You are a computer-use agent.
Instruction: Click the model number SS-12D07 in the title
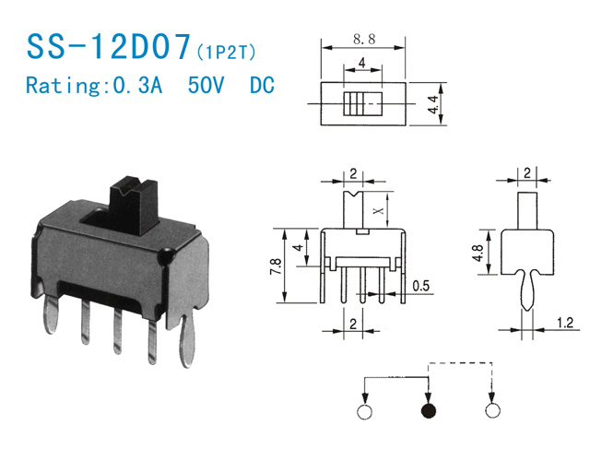click(x=109, y=46)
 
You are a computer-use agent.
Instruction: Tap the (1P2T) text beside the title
click(x=226, y=53)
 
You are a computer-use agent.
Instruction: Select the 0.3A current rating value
click(x=137, y=85)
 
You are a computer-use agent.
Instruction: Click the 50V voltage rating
click(x=206, y=85)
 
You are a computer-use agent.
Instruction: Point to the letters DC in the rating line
click(x=262, y=85)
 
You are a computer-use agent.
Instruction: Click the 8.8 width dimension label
click(x=364, y=39)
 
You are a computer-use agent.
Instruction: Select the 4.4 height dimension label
click(x=433, y=104)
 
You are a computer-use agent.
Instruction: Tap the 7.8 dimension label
click(x=276, y=266)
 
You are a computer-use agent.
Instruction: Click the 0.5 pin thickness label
click(x=420, y=286)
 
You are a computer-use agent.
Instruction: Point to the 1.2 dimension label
click(x=564, y=323)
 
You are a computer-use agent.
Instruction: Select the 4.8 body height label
click(x=478, y=253)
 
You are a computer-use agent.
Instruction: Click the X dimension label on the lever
click(x=379, y=210)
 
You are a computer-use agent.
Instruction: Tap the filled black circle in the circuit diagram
click(x=429, y=410)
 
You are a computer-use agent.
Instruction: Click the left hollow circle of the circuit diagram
click(x=365, y=411)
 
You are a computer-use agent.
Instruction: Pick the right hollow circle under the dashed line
click(x=492, y=410)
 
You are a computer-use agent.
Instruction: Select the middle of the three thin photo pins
click(x=118, y=331)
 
